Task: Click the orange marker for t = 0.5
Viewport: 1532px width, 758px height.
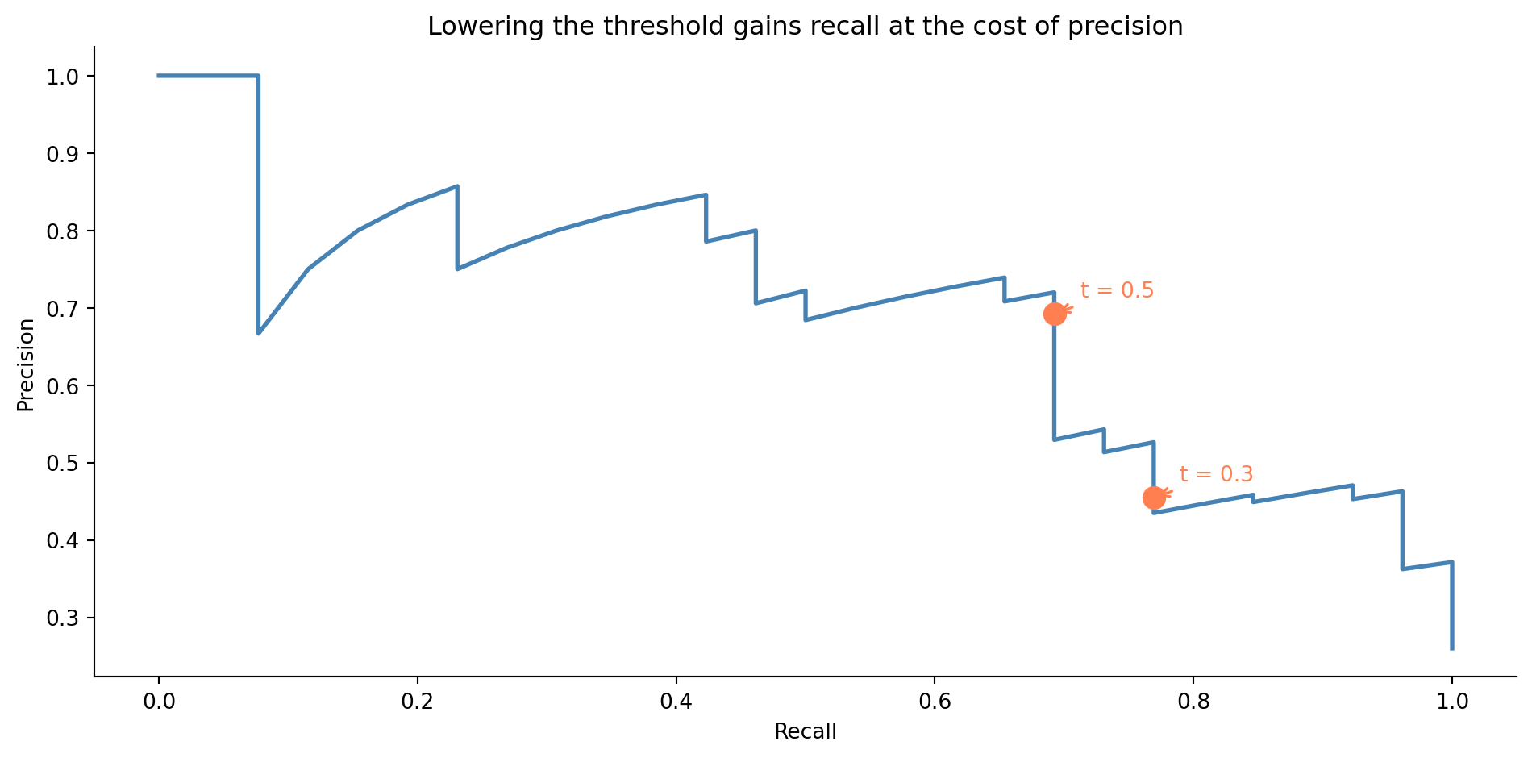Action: [x=1055, y=314]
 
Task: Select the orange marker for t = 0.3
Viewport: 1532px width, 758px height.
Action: [x=1154, y=498]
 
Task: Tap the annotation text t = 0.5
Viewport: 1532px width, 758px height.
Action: [x=1117, y=290]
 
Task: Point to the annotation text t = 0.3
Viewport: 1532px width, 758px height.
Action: [x=1216, y=475]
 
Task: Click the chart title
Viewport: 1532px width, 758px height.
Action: [x=805, y=27]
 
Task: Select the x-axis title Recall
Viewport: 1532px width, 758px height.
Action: [x=805, y=731]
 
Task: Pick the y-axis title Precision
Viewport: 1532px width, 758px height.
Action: [x=26, y=364]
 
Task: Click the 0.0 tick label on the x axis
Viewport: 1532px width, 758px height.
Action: [x=159, y=701]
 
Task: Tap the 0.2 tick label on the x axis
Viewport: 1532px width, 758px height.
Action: [x=418, y=701]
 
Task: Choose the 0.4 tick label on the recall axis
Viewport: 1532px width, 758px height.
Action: [x=676, y=701]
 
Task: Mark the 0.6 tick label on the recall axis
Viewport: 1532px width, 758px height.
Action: [x=935, y=701]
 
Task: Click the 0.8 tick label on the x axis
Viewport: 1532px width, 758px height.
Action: [x=1193, y=701]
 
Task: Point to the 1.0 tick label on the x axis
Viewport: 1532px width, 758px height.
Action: [x=1452, y=701]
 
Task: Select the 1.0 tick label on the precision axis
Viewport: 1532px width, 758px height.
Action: [x=64, y=77]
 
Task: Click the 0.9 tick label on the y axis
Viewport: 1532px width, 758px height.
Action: [x=64, y=154]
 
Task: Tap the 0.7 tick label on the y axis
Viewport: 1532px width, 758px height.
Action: [x=64, y=309]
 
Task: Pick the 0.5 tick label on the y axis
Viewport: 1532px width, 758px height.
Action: [x=64, y=464]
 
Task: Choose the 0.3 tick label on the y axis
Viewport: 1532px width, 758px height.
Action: [x=64, y=618]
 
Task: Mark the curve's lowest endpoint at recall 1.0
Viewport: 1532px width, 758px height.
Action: [x=1452, y=648]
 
